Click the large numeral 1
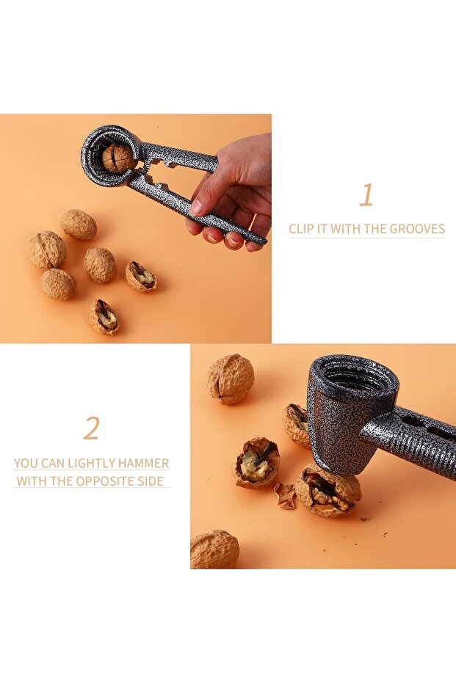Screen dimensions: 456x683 click(366, 194)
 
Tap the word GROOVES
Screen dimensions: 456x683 click(417, 229)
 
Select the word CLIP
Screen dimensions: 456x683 click(301, 229)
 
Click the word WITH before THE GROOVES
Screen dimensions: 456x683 click(344, 229)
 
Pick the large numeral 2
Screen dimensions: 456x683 click(92, 428)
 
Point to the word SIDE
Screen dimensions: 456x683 click(150, 481)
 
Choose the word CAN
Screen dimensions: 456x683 click(53, 463)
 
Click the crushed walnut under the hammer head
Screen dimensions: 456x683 click(328, 489)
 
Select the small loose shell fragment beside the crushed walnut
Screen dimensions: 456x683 click(286, 496)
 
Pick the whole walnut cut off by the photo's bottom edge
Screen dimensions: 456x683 click(214, 549)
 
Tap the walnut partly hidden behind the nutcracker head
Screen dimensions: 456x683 click(297, 425)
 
